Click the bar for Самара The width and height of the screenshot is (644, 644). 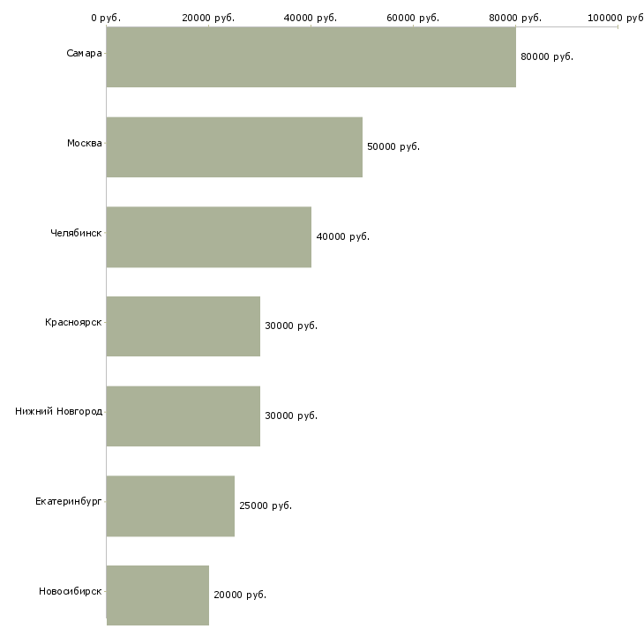(311, 56)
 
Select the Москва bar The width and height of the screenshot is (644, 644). (235, 147)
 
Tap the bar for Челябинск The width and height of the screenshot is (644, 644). (209, 237)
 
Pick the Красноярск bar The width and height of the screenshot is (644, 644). (183, 326)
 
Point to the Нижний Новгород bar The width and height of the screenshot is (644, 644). (183, 416)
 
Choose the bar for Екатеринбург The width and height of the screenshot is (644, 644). (170, 506)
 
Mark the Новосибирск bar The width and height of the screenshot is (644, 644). (158, 595)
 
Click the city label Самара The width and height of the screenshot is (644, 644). (84, 54)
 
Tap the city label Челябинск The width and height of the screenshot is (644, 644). (76, 233)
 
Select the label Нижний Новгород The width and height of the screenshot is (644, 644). (59, 411)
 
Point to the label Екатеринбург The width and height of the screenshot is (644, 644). (68, 501)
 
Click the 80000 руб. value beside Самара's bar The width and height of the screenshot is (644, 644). (547, 56)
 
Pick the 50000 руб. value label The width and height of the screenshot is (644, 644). (393, 146)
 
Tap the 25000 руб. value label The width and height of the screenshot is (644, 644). (266, 505)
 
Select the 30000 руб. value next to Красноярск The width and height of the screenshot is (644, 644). (291, 326)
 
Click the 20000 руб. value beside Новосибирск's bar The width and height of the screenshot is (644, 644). (240, 595)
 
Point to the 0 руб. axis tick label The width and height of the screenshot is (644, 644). (106, 18)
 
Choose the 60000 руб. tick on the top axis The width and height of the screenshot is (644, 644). (413, 18)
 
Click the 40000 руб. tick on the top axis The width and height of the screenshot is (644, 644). (310, 18)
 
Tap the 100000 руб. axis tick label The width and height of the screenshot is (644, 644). (616, 18)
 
